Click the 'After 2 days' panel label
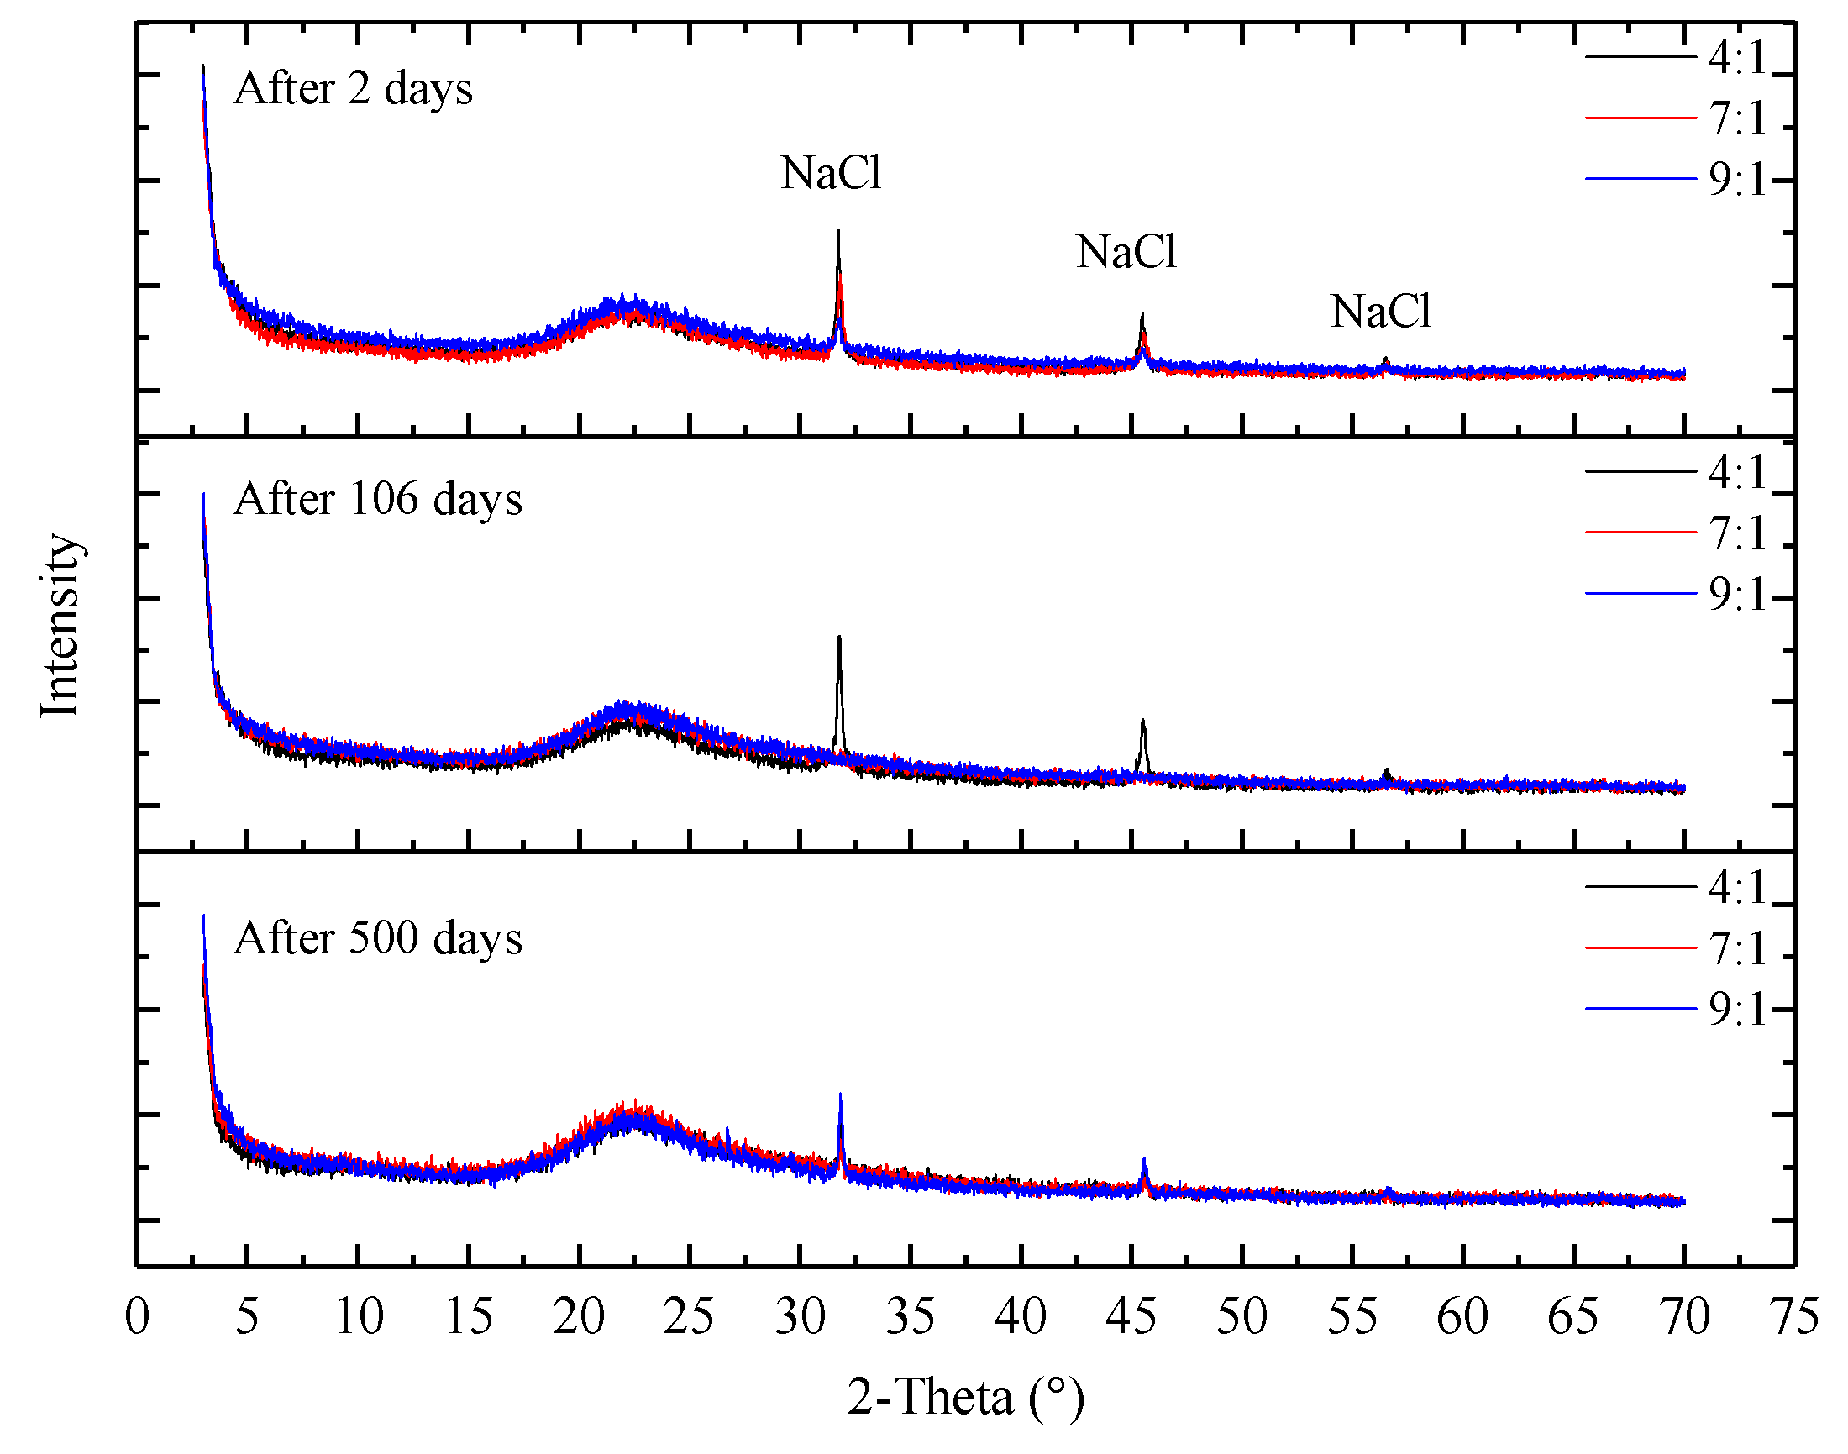(353, 88)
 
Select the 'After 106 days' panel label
(377, 499)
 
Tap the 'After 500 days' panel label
(377, 938)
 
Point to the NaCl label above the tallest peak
(830, 173)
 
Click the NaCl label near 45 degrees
(1126, 252)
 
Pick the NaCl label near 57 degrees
(1380, 312)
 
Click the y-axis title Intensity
(60, 626)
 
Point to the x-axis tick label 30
(800, 1316)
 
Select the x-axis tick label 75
(1793, 1316)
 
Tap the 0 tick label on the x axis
(137, 1316)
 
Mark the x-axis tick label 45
(1131, 1316)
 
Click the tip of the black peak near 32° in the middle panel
(839, 638)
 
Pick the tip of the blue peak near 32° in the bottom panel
(840, 1094)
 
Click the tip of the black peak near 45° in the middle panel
(1142, 721)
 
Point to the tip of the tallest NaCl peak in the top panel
(838, 232)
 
